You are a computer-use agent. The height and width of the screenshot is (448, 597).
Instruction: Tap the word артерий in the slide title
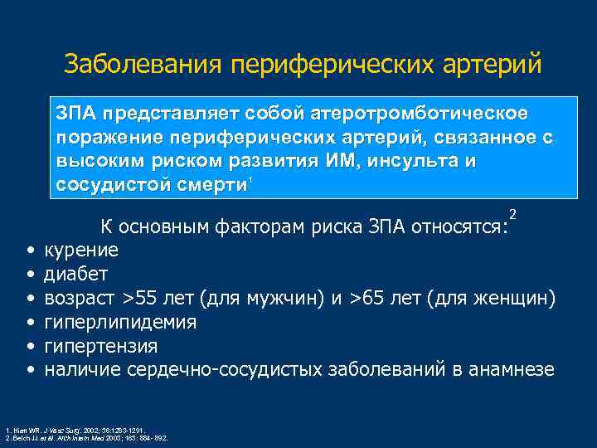tap(494, 64)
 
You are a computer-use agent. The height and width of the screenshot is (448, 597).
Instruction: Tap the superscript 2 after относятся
tap(513, 216)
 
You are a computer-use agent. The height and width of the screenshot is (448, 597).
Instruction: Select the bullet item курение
tap(80, 250)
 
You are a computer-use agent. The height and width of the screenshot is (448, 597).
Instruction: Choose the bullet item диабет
tap(75, 273)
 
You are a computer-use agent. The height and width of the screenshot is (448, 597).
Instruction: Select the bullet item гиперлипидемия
tap(119, 321)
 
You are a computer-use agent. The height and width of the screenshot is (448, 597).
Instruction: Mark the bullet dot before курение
tap(30, 251)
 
